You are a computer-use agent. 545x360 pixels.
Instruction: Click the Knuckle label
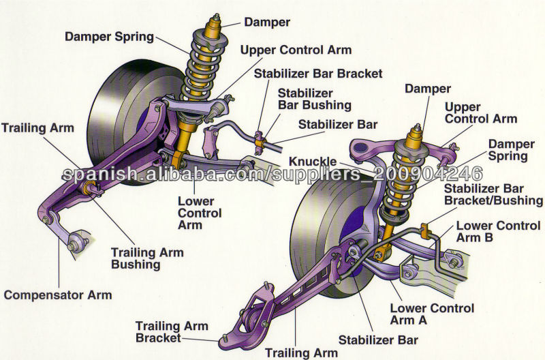point(313,161)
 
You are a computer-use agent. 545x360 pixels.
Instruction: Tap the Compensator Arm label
point(58,295)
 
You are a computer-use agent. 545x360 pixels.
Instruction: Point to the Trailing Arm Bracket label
point(172,331)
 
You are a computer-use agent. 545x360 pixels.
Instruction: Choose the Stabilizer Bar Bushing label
point(315,99)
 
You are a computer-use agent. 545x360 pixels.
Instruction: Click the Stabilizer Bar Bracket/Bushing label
point(493,194)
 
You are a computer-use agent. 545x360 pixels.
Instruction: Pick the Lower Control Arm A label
point(432,315)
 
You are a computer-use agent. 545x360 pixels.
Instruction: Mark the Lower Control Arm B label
point(499,231)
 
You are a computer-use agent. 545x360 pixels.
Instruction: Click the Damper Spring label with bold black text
point(108,36)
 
